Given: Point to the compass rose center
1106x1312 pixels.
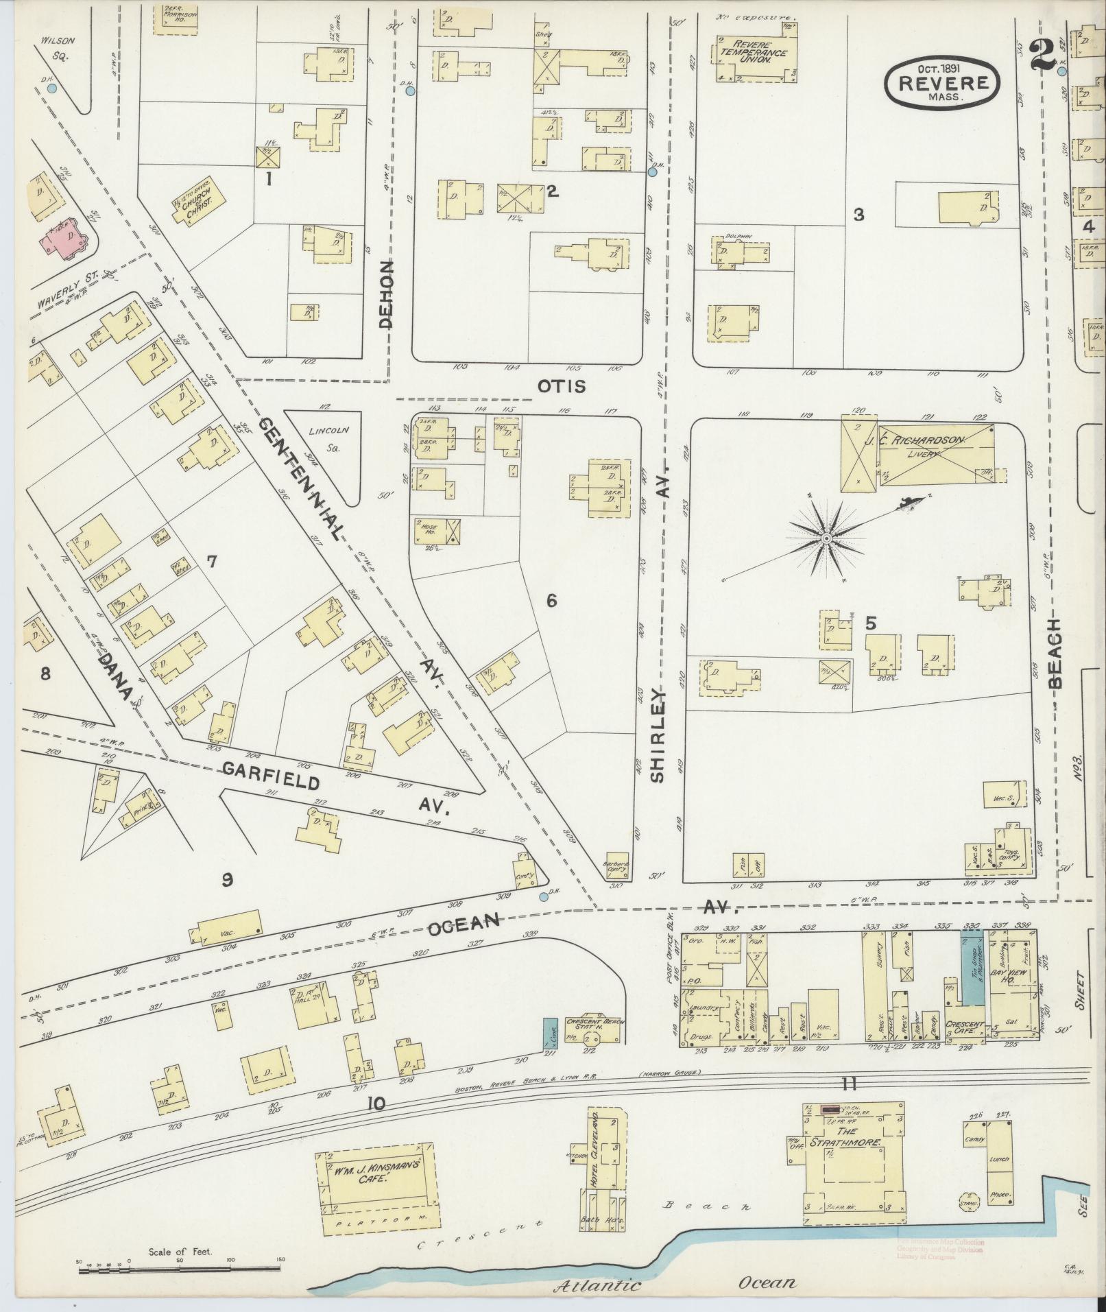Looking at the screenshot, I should pyautogui.click(x=827, y=540).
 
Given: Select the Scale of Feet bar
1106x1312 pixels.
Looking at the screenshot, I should pyautogui.click(x=180, y=1270).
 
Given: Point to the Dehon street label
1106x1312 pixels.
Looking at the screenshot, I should pyautogui.click(x=387, y=294).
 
